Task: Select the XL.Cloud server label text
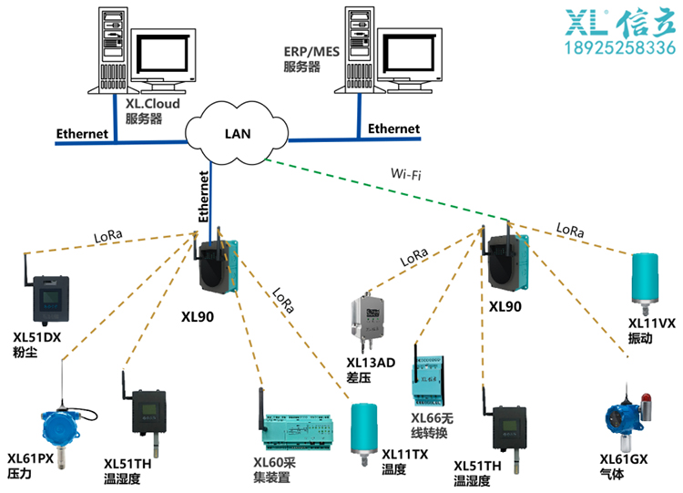152,111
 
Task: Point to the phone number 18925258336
621,47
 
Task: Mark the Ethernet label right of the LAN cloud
393,129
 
